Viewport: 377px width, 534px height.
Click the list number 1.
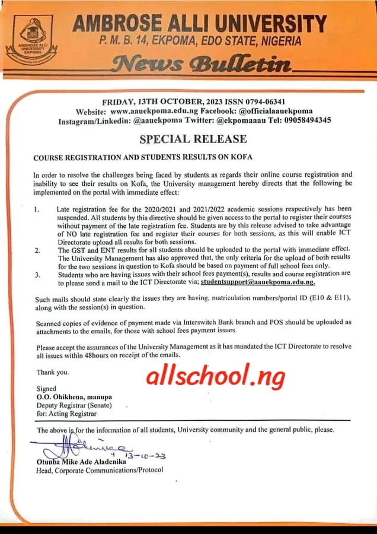click(x=37, y=209)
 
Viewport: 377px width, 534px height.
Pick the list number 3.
click(x=37, y=274)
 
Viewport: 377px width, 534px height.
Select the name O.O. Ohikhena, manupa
click(x=74, y=396)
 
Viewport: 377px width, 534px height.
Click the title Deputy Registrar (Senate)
click(x=74, y=405)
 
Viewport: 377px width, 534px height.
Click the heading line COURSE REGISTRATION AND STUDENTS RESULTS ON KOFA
click(x=142, y=158)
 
